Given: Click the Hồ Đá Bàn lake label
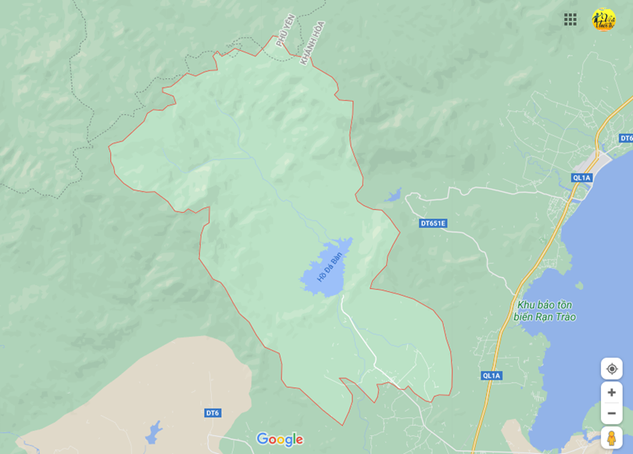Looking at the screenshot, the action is coord(330,267).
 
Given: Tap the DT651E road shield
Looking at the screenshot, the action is coord(432,223).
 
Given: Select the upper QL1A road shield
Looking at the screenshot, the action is coord(582,178).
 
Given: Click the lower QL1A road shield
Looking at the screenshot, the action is coord(491,376).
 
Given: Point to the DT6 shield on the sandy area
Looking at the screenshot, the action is coord(213,413).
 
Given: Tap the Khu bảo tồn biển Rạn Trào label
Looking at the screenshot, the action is coord(545,311).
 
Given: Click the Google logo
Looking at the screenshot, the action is coord(280,439).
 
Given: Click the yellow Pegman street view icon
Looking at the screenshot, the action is coord(611,438).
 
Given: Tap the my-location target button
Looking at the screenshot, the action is coord(611,369).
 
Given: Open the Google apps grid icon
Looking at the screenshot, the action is coord(570,20).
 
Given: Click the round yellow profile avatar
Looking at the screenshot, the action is coord(603,20).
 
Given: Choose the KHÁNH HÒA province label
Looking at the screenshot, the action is coord(312,42).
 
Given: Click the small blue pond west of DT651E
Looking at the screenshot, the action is coord(393,195).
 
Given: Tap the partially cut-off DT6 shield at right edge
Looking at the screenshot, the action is coord(626,139).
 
